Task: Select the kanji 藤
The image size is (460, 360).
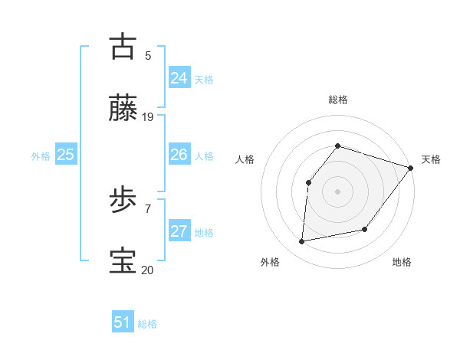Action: [123, 110]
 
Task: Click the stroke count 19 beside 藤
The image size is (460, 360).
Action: [148, 117]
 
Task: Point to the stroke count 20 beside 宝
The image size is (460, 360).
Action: [148, 270]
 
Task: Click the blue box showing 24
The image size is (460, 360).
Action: [179, 77]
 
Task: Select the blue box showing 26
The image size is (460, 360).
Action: [179, 155]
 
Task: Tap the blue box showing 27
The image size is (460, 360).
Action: [179, 231]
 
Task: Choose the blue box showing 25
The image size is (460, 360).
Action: [65, 155]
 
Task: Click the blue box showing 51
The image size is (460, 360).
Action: [122, 322]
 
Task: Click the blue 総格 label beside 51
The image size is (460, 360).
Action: [147, 324]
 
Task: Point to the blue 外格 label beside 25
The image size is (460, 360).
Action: [41, 156]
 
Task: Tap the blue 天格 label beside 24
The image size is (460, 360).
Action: [204, 79]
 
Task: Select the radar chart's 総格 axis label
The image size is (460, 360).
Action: [338, 100]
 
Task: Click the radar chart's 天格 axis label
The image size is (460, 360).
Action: [432, 159]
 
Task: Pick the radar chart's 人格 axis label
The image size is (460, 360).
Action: [245, 159]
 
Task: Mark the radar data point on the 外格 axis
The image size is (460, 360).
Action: [302, 242]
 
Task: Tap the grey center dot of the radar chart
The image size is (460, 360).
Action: [337, 191]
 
